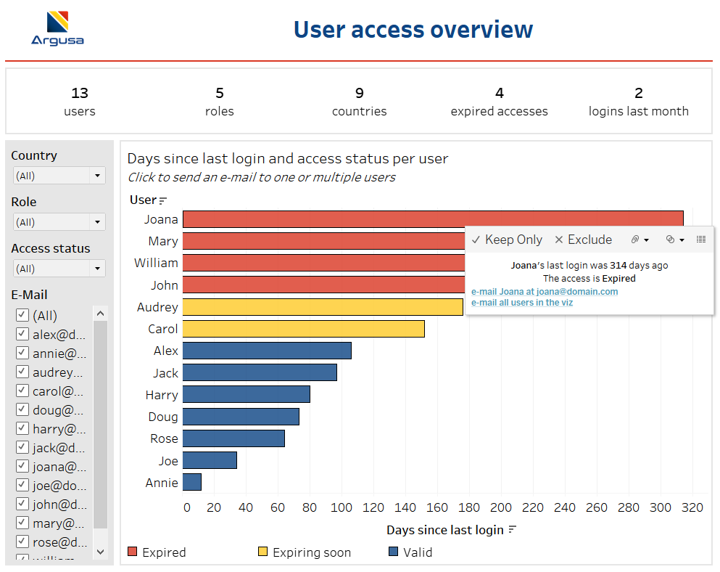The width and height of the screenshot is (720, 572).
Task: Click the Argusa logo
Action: (x=57, y=28)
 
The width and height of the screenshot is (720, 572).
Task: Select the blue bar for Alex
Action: (x=267, y=351)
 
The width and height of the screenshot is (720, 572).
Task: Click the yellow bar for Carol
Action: (x=303, y=329)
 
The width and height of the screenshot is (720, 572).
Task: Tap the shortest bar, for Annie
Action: (x=192, y=482)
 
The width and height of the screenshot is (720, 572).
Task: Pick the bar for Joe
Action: (x=210, y=460)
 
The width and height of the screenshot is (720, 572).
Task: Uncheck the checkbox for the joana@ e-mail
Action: (x=22, y=467)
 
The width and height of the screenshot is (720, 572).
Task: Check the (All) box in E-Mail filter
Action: (x=22, y=315)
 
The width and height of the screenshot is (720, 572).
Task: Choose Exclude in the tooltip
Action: (x=583, y=240)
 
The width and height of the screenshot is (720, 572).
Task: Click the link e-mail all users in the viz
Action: (x=521, y=303)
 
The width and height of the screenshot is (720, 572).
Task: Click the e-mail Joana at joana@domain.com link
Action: (x=544, y=292)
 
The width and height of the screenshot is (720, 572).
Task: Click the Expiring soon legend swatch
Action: (x=263, y=552)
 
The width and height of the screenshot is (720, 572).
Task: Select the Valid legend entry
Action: (x=410, y=552)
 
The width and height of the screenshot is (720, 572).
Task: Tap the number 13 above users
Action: (x=80, y=93)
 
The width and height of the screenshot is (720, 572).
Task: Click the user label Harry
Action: (x=161, y=395)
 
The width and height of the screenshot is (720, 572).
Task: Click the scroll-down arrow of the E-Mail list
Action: (x=101, y=552)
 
